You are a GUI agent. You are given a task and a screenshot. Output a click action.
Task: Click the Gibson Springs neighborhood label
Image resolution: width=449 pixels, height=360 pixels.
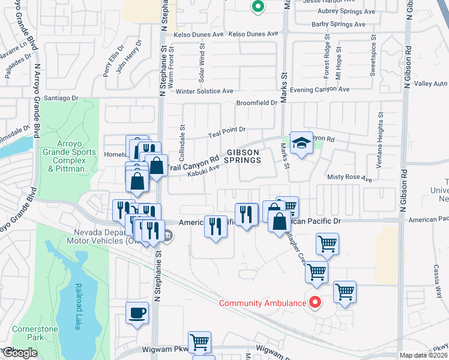tap(243, 156)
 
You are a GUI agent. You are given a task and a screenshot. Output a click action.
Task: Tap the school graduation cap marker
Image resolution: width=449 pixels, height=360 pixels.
tap(301, 143)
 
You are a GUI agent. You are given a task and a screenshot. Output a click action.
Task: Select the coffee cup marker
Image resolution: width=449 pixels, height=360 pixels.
tap(137, 313)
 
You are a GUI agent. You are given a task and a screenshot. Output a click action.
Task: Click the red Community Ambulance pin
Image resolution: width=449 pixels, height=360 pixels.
tap(313, 302)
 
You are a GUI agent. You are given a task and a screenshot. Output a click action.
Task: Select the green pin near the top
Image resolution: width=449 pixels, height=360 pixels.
tap(258, 7)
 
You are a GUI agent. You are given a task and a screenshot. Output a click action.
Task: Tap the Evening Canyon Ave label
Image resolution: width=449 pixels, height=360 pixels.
tap(319, 89)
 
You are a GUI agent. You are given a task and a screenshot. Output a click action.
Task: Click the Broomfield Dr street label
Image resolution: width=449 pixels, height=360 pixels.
tap(256, 103)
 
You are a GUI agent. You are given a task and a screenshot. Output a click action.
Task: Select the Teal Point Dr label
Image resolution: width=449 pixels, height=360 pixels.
tap(227, 129)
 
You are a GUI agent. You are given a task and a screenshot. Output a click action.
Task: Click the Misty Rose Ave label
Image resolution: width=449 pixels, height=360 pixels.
tap(349, 178)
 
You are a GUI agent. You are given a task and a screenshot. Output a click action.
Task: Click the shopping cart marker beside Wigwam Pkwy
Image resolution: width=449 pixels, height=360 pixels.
tap(199, 343)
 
